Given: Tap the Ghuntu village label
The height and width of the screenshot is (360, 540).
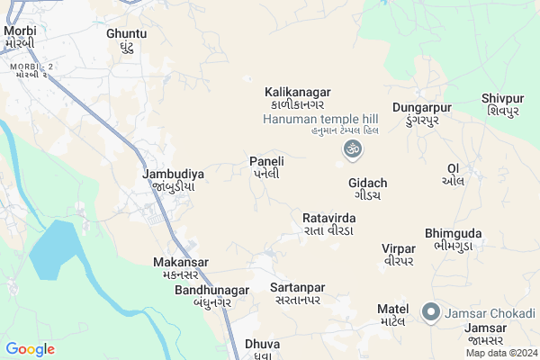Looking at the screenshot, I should point(126,40).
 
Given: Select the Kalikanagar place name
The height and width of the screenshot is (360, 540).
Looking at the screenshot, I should point(298,98).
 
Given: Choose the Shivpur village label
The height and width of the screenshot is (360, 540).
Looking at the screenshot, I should point(502,104).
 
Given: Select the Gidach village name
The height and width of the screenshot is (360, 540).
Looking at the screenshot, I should point(367,188).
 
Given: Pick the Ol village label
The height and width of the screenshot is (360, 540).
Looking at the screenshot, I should point(453,174).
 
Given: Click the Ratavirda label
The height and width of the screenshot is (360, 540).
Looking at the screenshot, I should point(329,224).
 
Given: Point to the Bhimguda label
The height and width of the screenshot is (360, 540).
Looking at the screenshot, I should point(453,238).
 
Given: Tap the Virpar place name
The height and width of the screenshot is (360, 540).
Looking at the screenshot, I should point(398,254).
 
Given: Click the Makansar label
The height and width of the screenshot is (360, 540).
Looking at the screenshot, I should point(181,267).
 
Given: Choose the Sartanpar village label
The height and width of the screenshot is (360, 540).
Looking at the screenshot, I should point(297,293).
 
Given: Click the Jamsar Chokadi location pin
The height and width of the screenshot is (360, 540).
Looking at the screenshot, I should point(431,313).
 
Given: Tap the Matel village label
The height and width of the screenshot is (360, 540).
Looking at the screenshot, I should point(393,315).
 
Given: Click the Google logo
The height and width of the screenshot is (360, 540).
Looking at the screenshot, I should point(30,348).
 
